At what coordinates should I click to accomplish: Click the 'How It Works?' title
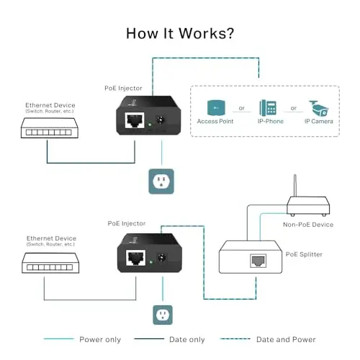click(180, 33)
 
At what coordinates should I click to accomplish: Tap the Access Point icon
click(216, 108)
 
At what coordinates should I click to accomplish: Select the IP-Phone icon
click(268, 108)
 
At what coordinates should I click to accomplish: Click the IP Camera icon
click(318, 109)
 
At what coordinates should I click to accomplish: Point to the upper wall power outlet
click(161, 181)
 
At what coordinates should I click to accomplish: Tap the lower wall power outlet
click(163, 315)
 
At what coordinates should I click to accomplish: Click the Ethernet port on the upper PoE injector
click(135, 120)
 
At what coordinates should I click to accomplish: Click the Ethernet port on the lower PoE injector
click(136, 258)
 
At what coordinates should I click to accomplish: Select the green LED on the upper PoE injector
click(150, 125)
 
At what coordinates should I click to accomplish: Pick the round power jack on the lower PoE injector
click(162, 258)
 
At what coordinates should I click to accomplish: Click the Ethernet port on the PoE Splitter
click(258, 261)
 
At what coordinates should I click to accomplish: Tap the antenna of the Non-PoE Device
click(295, 186)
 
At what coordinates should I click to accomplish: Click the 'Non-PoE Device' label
click(308, 225)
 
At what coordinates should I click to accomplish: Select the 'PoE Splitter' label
click(304, 254)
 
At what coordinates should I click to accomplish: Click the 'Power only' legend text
click(100, 340)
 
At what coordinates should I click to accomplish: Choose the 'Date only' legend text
click(187, 340)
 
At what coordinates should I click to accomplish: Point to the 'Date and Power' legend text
click(286, 340)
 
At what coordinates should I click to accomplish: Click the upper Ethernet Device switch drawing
click(50, 128)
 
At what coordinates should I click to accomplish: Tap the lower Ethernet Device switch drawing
click(50, 263)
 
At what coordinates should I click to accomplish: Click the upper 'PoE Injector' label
click(123, 89)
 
